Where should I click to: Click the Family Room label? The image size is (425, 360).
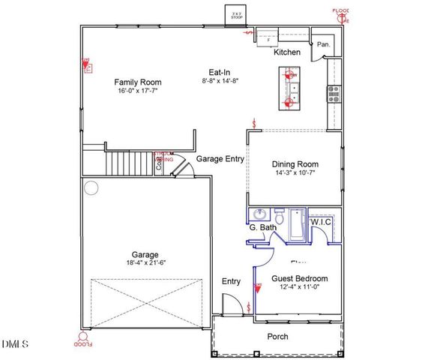(137, 82)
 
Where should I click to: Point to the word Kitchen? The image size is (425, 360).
(286, 52)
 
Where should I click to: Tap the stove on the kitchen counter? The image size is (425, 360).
(334, 94)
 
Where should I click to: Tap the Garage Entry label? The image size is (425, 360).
(220, 159)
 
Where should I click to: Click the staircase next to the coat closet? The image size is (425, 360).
(128, 161)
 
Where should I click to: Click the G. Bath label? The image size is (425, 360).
(262, 226)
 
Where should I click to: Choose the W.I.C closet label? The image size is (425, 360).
(320, 222)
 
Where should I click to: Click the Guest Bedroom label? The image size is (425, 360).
(299, 278)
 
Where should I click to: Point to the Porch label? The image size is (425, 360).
(277, 337)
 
